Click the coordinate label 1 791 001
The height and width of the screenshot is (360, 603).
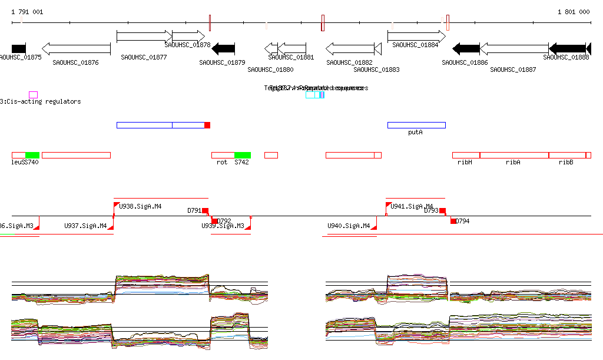(27, 12)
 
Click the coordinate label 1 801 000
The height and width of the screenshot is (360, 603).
(574, 12)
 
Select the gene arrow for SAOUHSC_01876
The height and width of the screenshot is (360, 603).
(76, 49)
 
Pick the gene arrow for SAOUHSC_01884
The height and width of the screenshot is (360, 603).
(416, 36)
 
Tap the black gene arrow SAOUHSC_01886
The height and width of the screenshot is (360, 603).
(466, 49)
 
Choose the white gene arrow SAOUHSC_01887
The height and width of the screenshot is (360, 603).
(514, 49)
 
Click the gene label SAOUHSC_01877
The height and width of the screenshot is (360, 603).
(144, 57)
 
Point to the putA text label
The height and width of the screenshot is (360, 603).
(416, 133)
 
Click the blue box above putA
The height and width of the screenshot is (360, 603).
(416, 125)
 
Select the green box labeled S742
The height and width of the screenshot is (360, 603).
(242, 155)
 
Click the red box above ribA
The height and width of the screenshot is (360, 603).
(514, 155)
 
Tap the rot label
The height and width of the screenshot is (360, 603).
(222, 162)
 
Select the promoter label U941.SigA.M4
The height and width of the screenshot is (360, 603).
(412, 206)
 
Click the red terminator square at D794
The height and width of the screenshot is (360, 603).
(453, 221)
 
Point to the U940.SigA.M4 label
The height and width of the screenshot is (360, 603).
(349, 226)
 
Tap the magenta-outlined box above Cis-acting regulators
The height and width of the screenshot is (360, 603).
(33, 94)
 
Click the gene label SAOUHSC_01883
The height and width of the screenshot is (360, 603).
(376, 70)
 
